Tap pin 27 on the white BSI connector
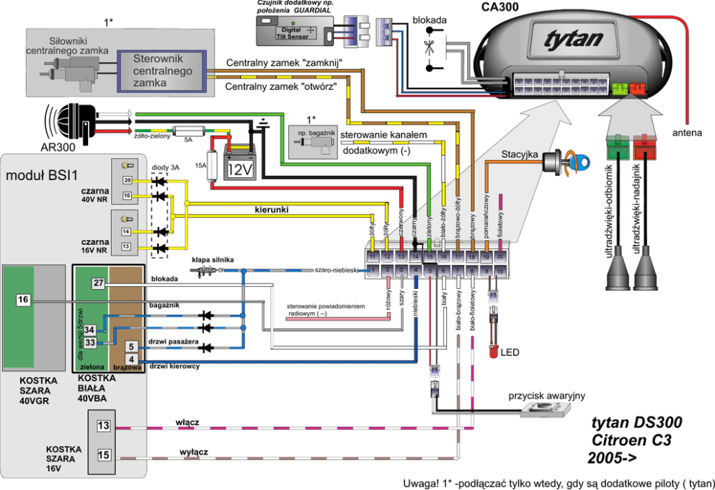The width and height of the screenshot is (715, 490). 99,284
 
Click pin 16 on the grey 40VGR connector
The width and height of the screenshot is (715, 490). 23,299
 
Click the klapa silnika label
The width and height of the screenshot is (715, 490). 213,259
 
